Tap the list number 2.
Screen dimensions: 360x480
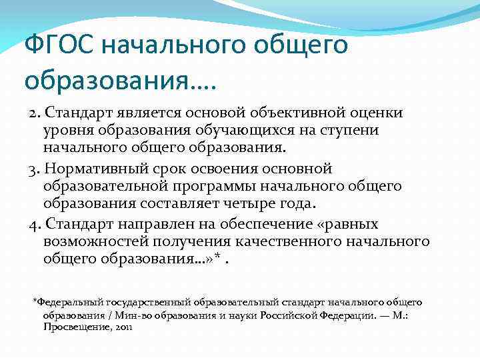pos(33,113)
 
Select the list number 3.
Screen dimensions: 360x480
pos(33,169)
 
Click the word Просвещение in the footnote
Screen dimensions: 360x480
pos(74,327)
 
